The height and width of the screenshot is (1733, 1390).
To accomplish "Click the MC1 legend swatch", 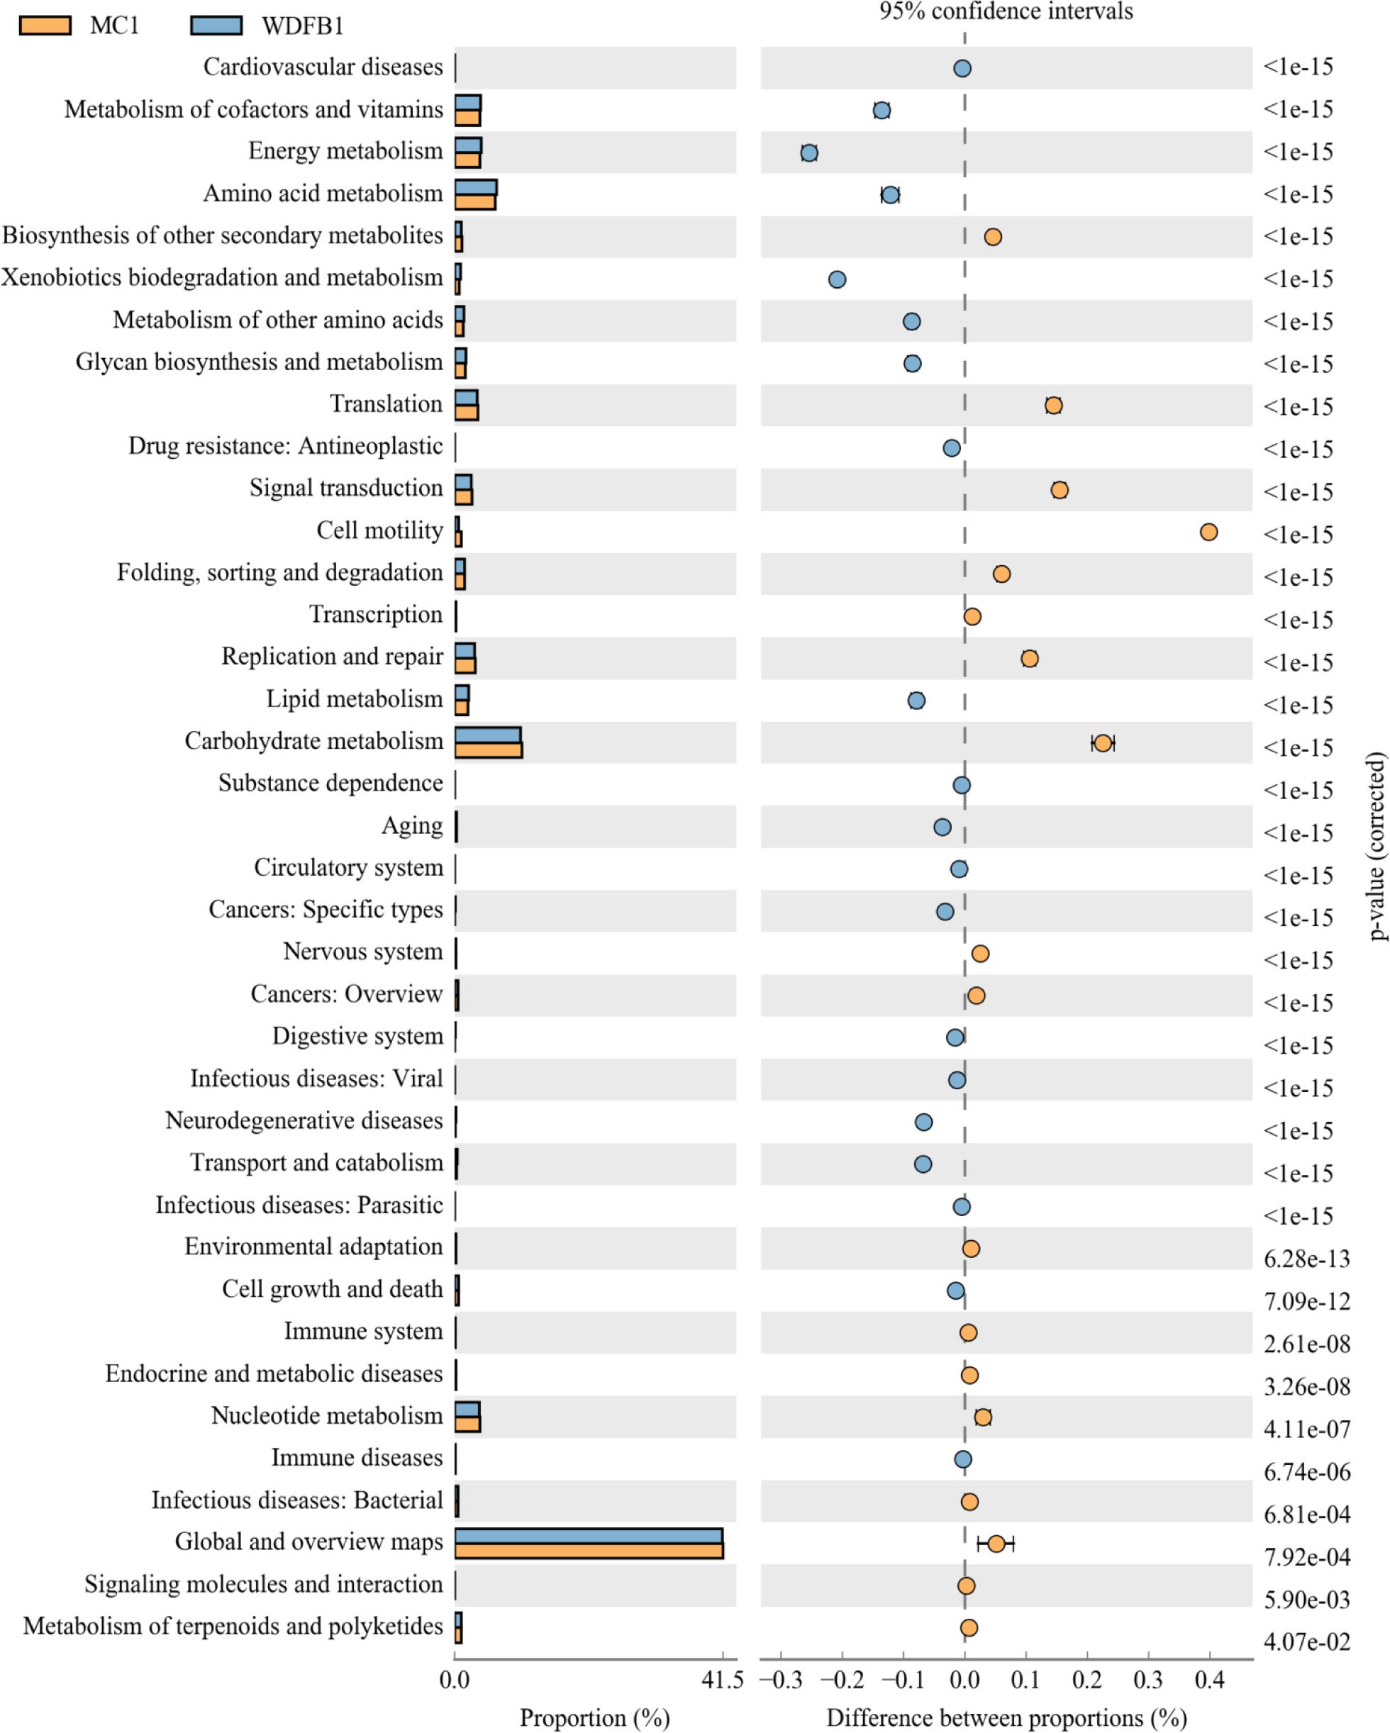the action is pos(45,25).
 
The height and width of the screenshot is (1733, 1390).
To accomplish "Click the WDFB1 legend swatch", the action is pos(216,25).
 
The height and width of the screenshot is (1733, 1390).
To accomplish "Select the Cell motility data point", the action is pos(1208,531).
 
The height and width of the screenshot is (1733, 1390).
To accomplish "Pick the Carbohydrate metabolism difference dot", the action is pos(1102,742).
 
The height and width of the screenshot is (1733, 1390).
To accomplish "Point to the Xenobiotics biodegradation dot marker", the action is pos(837,279).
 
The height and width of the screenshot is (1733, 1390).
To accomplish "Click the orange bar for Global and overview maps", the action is pos(589,1551).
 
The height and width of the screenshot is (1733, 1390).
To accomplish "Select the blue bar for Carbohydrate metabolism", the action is pos(487,735).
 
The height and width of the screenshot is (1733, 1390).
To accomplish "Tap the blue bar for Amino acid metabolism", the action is pos(475,187).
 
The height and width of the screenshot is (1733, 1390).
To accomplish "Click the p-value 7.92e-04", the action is pos(1306,1557).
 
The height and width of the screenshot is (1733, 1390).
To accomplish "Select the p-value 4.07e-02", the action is pos(1306,1642).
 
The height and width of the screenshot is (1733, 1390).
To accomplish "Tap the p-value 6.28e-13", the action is pos(1306,1259).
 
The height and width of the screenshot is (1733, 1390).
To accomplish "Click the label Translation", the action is pos(386,403).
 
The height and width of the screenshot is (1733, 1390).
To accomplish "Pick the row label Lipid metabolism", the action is pos(355,698).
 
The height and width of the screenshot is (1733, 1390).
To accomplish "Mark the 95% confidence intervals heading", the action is pos(1006,11).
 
